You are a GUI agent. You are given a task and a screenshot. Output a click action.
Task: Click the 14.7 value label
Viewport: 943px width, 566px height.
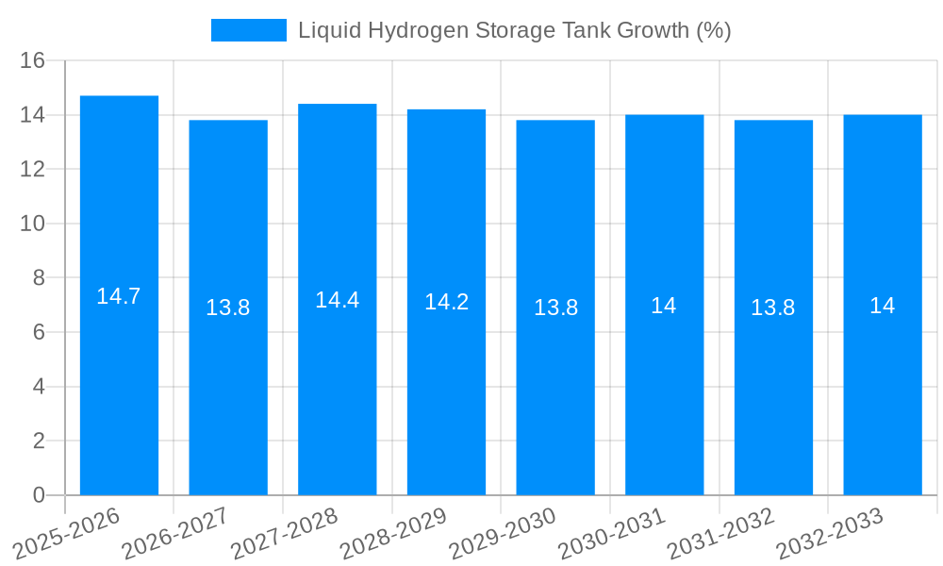click(x=119, y=296)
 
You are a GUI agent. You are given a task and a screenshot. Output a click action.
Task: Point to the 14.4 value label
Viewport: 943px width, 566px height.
click(x=338, y=300)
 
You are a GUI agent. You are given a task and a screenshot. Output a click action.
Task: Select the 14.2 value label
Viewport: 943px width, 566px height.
click(x=446, y=302)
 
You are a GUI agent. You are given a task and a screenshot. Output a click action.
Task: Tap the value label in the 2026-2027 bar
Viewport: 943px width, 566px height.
click(x=228, y=308)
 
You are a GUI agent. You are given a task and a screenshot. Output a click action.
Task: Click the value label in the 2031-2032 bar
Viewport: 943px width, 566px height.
click(x=773, y=308)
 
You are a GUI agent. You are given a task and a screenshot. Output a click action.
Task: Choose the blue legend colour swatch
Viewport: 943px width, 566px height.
click(x=249, y=30)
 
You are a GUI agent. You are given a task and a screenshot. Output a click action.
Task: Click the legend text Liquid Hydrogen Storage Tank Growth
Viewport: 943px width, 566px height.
click(x=514, y=30)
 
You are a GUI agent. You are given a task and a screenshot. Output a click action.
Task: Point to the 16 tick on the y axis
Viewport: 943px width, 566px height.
click(x=33, y=60)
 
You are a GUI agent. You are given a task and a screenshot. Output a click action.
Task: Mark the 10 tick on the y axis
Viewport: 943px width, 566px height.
click(x=33, y=224)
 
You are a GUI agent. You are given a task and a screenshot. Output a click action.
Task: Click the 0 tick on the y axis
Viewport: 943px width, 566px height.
click(x=39, y=495)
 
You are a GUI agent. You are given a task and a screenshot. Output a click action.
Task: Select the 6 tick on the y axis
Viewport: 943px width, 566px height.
click(x=39, y=332)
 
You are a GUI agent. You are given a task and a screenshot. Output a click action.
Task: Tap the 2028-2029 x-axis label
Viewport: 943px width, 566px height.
click(x=393, y=533)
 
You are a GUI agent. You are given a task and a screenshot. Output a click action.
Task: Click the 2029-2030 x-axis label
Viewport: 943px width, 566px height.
click(x=503, y=533)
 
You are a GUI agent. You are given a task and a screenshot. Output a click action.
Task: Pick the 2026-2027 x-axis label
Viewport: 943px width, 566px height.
click(x=175, y=533)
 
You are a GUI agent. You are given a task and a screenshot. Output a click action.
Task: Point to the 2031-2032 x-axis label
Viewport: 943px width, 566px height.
click(x=721, y=533)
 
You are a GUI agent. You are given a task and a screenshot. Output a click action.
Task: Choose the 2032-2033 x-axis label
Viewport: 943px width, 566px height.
click(x=830, y=533)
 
